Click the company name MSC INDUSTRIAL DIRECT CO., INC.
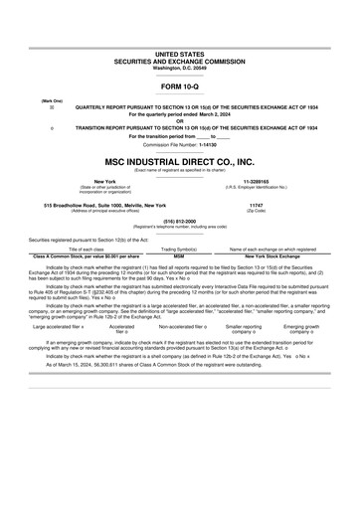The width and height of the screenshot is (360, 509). (x=179, y=160)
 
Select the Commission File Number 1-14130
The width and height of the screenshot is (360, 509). (x=179, y=143)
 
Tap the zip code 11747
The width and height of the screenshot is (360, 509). (x=256, y=204)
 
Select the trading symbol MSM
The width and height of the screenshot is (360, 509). (x=179, y=255)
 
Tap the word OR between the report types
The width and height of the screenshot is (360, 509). (x=179, y=121)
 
